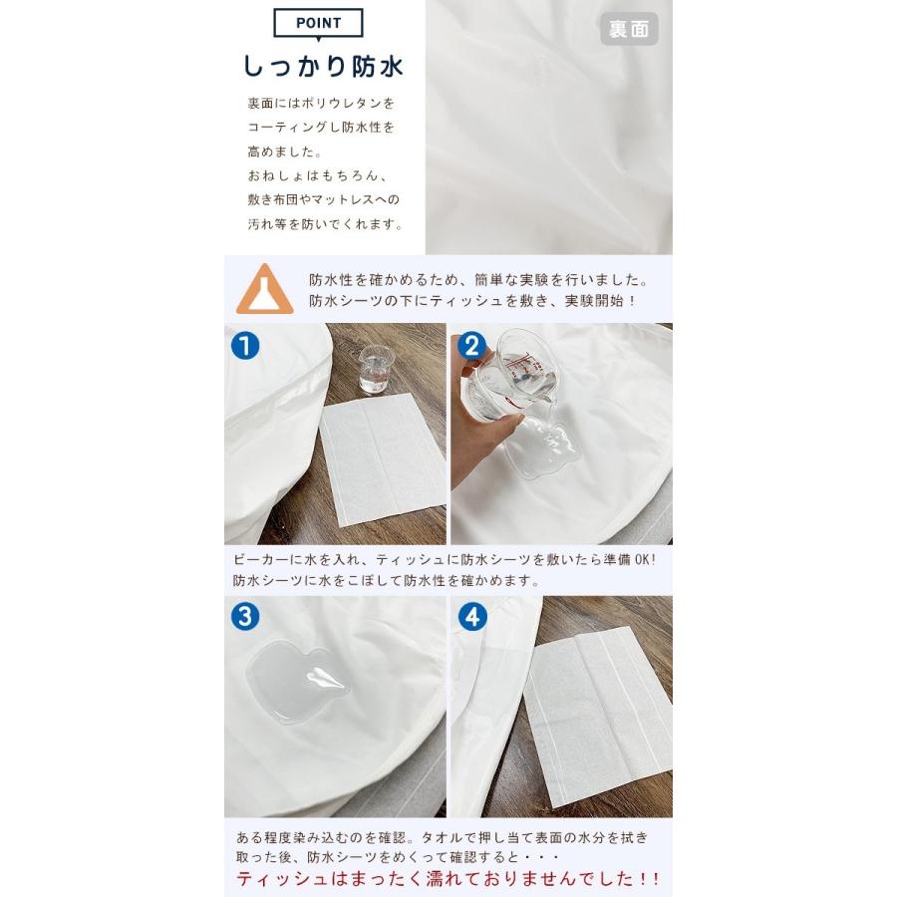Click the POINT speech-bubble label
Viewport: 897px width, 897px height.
click(x=318, y=24)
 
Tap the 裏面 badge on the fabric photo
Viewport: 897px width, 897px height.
click(x=629, y=29)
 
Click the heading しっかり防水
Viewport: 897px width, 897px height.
click(x=323, y=67)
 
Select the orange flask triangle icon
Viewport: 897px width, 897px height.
click(x=265, y=289)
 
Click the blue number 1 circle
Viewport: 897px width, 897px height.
click(x=245, y=346)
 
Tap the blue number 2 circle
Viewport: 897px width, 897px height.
click(x=472, y=346)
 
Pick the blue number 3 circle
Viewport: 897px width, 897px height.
click(x=245, y=617)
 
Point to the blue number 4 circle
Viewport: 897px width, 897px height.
click(x=472, y=617)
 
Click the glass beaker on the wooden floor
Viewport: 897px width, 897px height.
click(x=374, y=369)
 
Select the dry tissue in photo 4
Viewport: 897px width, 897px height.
click(x=597, y=717)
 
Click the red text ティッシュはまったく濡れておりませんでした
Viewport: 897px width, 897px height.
click(x=448, y=879)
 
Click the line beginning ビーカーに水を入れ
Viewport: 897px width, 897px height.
click(x=445, y=559)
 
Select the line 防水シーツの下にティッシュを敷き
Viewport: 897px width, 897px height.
click(x=473, y=301)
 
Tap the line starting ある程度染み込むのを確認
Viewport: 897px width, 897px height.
click(x=442, y=838)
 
